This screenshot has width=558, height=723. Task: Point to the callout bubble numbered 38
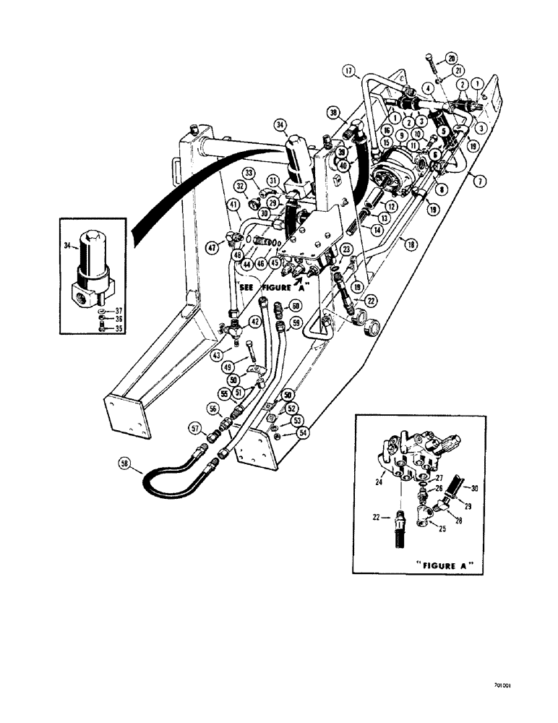coord(333,113)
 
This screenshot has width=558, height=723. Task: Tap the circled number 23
coord(346,249)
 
